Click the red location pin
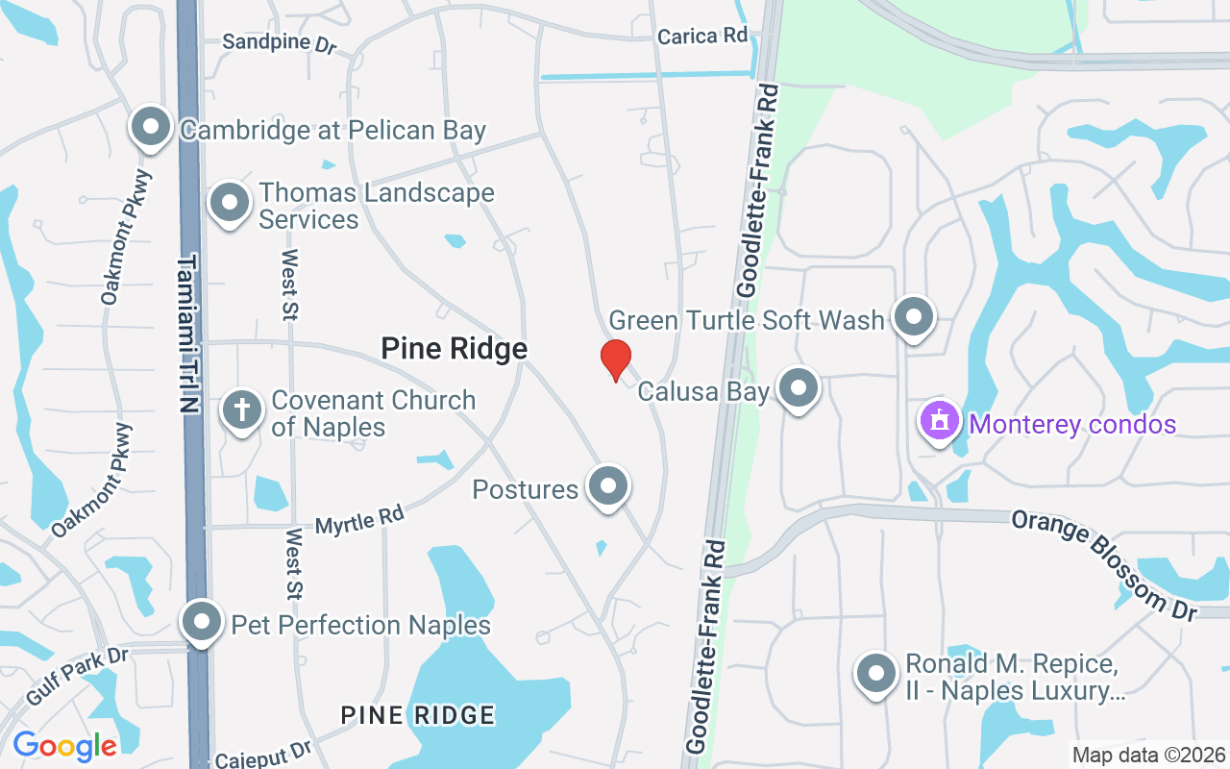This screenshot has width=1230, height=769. coord(615,360)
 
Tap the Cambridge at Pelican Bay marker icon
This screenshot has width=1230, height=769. coord(151,127)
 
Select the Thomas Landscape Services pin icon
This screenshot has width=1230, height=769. coord(230,203)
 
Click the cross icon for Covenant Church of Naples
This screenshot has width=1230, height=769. coord(242,410)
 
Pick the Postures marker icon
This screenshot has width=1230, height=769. coord(607,486)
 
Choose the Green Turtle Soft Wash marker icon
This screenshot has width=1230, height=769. coord(913,316)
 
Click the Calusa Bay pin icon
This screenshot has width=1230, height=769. coord(798,388)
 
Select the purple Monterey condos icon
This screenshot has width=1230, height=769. coord(940,421)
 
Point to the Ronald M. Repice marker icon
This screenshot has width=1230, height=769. coord(876,673)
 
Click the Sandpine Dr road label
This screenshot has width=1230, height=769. coord(280,42)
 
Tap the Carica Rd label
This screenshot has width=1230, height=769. coord(702,37)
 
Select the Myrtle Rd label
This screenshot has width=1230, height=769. coord(359,520)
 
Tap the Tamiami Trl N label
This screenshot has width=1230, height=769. coord(187,334)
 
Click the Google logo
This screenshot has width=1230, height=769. coord(64,745)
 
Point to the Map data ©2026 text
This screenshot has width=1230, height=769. coord(1149,755)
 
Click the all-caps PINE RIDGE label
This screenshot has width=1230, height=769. coord(418,715)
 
